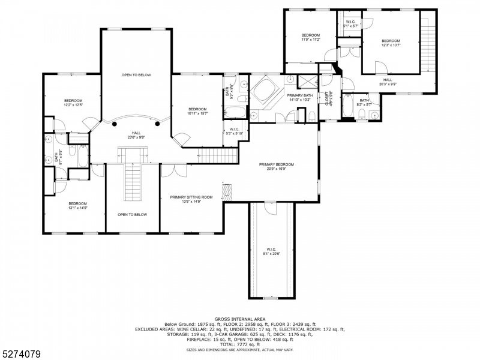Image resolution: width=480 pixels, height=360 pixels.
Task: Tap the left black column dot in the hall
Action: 115,124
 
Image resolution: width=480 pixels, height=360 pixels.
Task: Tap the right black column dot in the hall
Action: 157,124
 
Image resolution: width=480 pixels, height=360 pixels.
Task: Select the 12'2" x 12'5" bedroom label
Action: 73,103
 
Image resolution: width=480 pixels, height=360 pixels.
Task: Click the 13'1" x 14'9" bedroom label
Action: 77,206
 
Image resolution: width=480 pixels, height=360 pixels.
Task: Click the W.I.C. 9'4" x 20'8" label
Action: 271,251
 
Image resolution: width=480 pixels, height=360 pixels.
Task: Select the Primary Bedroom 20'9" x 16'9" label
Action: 277,166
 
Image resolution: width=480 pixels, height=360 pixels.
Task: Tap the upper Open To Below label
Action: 136,75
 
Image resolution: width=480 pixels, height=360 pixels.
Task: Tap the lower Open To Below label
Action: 132,214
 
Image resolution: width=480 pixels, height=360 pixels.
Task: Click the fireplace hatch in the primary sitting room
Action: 226,192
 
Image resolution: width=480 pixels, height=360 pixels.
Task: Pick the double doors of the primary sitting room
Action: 174,170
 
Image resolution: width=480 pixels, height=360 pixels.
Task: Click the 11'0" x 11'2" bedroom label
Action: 311,37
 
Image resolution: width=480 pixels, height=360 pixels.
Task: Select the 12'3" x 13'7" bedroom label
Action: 391,43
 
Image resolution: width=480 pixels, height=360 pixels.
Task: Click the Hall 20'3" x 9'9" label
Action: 388,82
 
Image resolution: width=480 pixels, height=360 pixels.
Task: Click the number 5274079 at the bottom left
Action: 22,354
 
